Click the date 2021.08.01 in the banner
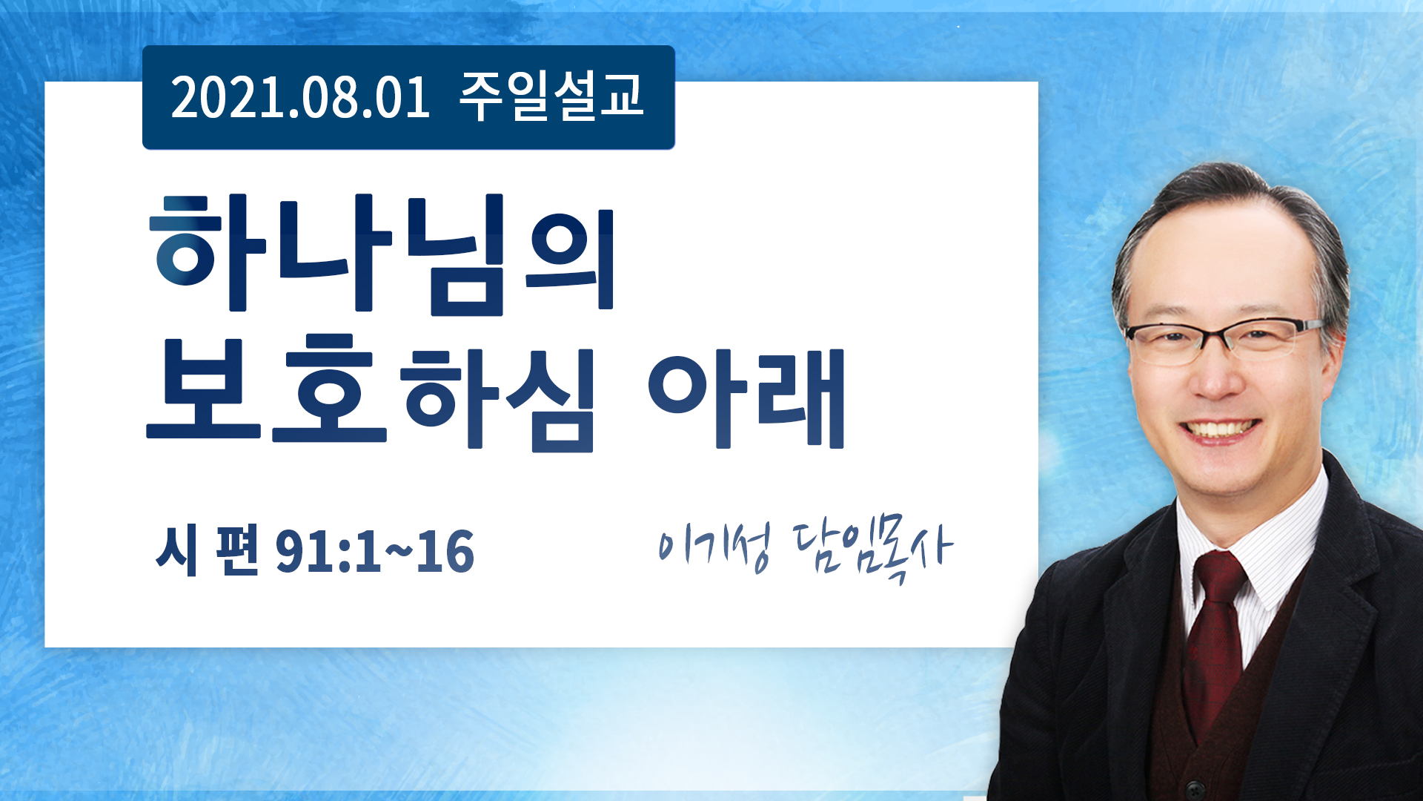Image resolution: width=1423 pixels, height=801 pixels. (x=300, y=98)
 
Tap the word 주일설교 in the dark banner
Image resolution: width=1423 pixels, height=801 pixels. (x=551, y=96)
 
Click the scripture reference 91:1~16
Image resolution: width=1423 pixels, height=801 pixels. (x=374, y=552)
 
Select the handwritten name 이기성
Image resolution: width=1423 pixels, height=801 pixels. (x=714, y=547)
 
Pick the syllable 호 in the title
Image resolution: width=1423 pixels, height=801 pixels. (x=330, y=389)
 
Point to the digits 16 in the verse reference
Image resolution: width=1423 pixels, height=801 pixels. (x=445, y=552)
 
